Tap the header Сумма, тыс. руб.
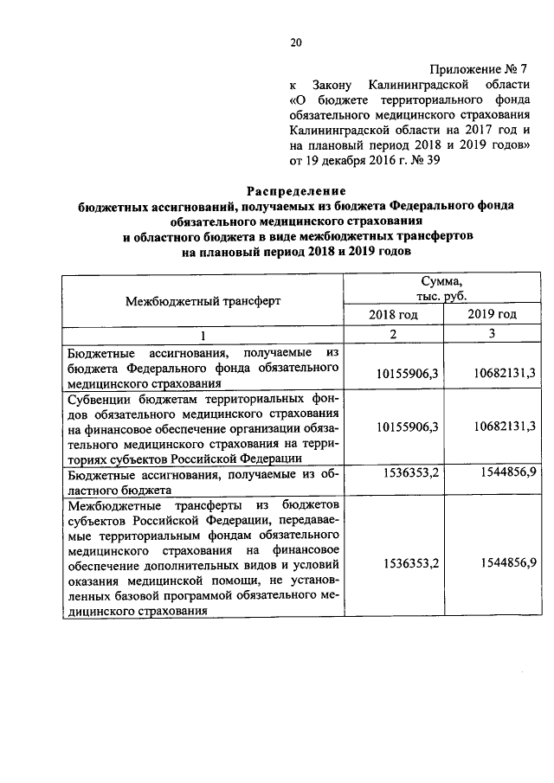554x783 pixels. point(442,288)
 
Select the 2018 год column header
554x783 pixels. point(394,315)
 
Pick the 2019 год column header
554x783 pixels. point(492,315)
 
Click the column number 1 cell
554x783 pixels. point(203,335)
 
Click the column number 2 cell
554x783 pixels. point(394,335)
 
